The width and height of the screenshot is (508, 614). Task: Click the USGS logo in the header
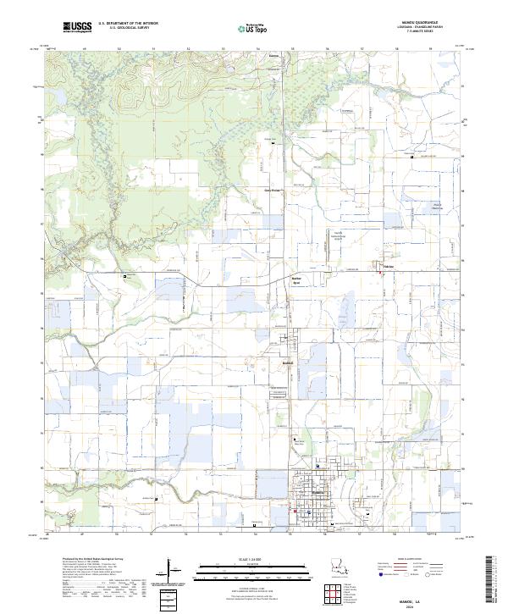[77, 28]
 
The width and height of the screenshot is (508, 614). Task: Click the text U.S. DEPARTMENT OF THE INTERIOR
[128, 24]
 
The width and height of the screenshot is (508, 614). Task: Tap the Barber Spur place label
[296, 279]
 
